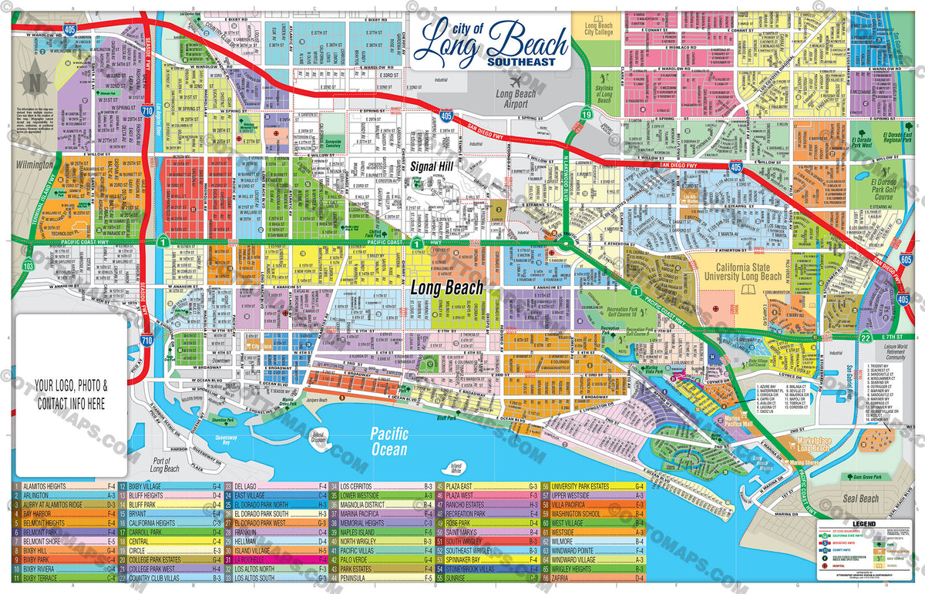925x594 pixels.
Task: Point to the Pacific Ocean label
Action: [x=388, y=441]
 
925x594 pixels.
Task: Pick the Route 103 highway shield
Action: [x=29, y=266]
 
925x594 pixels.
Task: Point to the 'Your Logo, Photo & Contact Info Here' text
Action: [x=70, y=392]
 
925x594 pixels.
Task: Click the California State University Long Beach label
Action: [x=744, y=270]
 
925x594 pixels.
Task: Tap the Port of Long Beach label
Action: [x=164, y=463]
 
